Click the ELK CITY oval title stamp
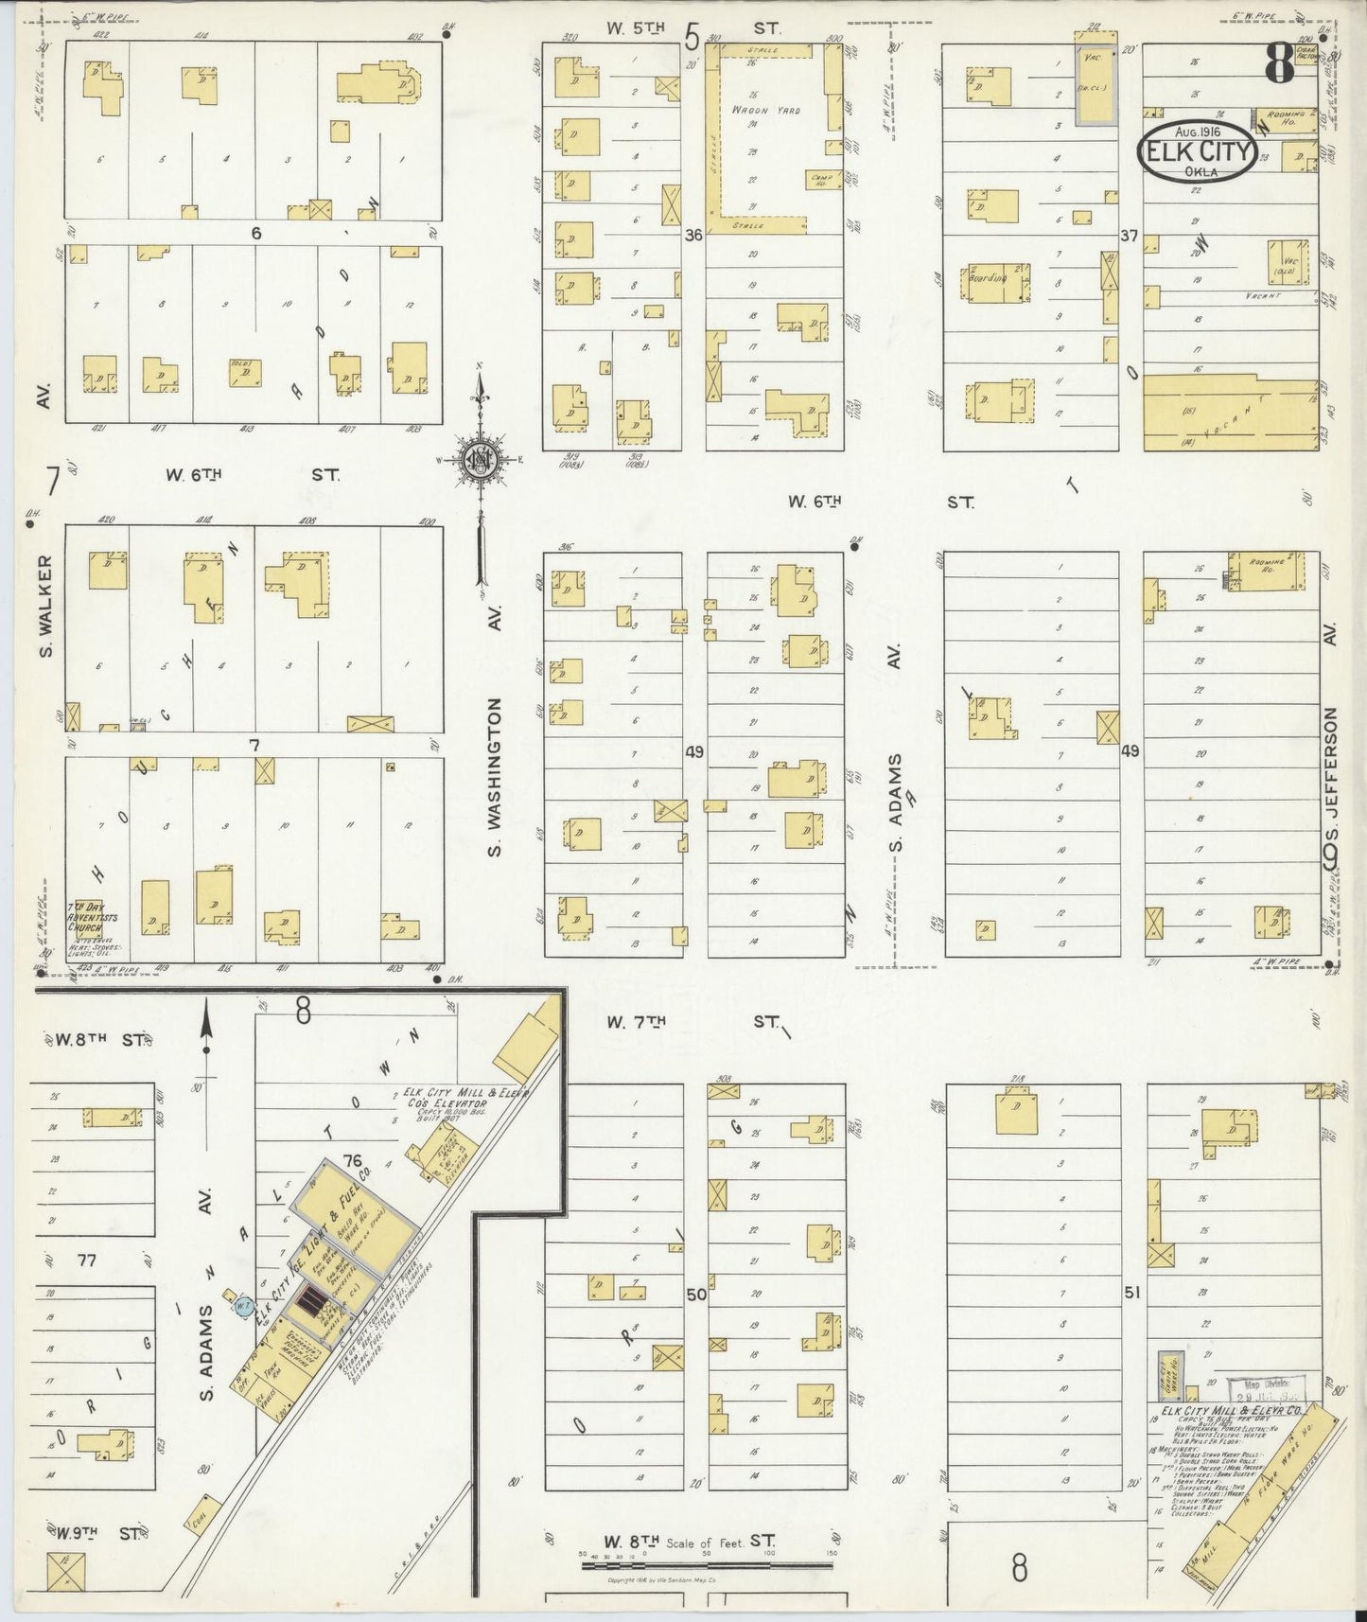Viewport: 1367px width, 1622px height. tap(1198, 151)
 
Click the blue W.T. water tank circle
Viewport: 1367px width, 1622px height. tap(242, 1306)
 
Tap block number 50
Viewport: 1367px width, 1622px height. tap(695, 1294)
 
